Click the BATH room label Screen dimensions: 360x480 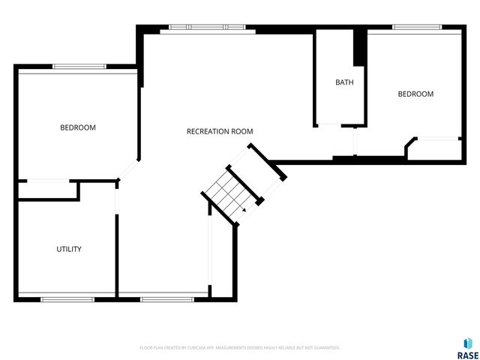point(344,82)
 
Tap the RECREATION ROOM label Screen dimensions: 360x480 point(220,131)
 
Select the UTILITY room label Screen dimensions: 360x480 point(69,249)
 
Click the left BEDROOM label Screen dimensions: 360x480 point(78,127)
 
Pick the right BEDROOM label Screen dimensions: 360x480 point(415,94)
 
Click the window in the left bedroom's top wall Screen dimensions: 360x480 point(78,67)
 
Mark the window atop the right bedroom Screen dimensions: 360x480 point(416,28)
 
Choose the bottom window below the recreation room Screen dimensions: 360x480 point(162,299)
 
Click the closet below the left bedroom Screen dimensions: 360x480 point(48,190)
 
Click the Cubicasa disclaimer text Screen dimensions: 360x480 point(240,348)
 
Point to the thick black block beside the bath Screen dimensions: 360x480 point(359,49)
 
